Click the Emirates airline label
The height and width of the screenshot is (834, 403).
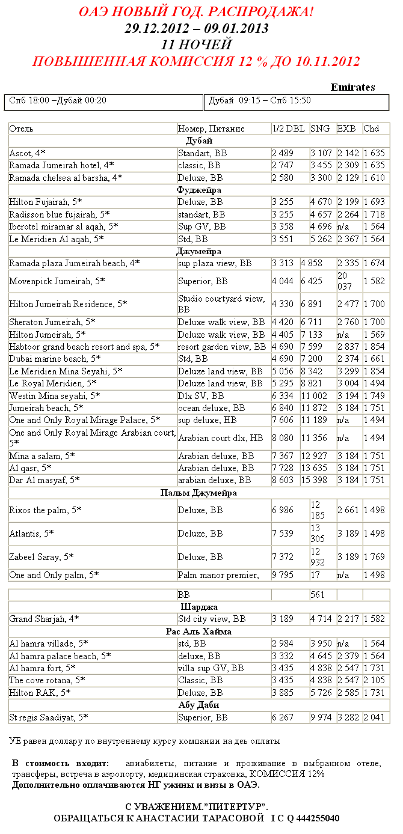coord(352,88)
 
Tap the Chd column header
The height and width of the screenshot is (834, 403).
coord(371,129)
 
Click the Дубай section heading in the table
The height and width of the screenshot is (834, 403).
coord(198,141)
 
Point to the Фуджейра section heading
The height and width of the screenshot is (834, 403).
coord(198,190)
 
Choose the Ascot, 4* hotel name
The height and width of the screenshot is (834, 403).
coord(27,153)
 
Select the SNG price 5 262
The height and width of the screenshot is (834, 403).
coord(321,239)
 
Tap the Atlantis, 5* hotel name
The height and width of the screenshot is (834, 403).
coord(31,533)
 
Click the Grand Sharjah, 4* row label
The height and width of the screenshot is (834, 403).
coord(44,619)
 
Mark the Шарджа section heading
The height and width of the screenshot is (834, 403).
coord(198,607)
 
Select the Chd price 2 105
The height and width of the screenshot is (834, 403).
coord(374,680)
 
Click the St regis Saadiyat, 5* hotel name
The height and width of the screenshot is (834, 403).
coord(48,717)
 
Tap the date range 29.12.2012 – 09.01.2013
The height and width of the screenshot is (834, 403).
coord(196,28)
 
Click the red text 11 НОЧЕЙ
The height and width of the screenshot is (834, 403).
coord(196,44)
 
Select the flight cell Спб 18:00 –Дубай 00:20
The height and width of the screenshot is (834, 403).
coord(58,100)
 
